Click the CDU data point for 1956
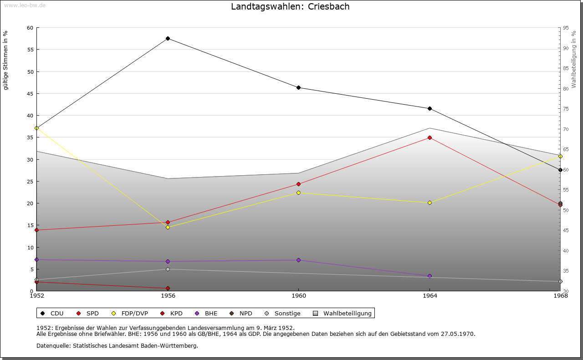point(168,39)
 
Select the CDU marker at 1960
point(298,88)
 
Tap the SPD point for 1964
point(430,137)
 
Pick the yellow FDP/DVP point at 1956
point(168,227)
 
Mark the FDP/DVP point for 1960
point(298,193)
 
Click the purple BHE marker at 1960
point(298,260)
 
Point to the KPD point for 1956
point(168,288)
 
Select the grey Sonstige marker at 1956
point(168,269)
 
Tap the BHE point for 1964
point(430,276)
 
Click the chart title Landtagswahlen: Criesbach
point(290,7)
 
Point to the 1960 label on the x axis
point(298,296)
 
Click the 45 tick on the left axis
point(30,94)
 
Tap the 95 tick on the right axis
point(565,28)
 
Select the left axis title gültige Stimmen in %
point(6,61)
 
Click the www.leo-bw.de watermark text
point(24,5)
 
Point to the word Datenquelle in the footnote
point(52,346)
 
